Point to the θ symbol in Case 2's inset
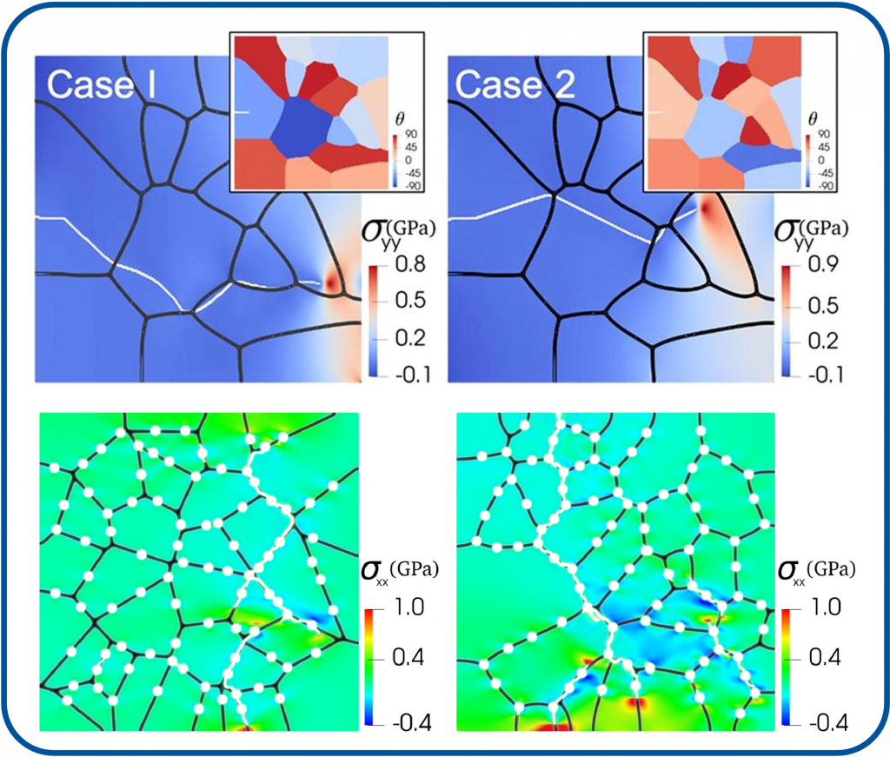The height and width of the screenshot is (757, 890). [813, 118]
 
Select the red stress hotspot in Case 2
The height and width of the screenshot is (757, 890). [708, 210]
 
